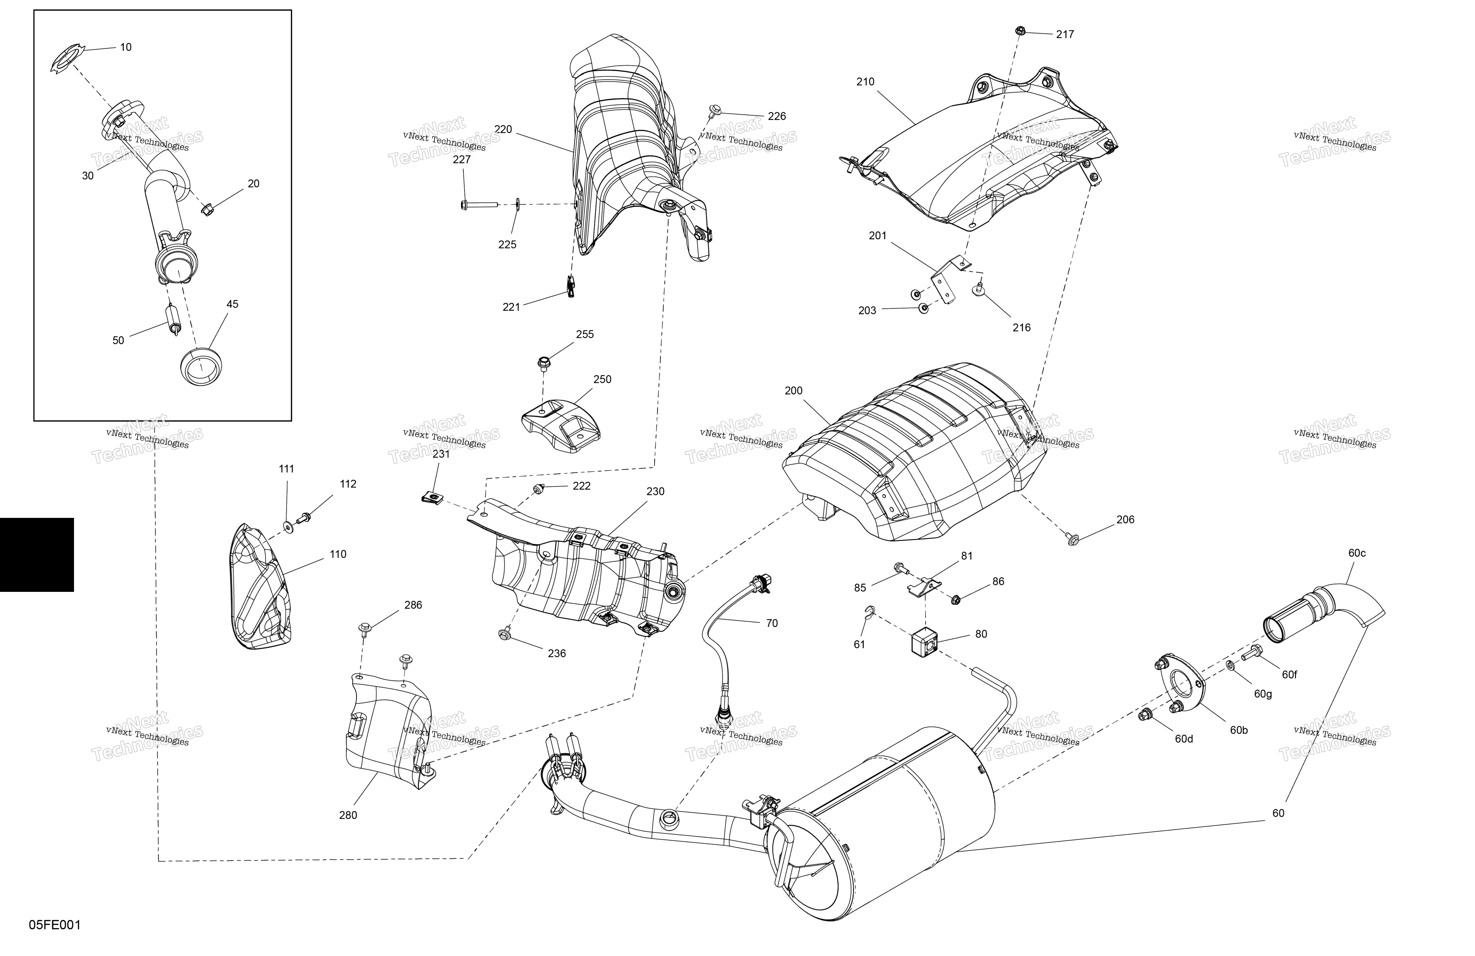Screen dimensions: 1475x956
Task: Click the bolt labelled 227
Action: (480, 204)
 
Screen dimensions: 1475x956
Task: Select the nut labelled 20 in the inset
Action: (208, 210)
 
